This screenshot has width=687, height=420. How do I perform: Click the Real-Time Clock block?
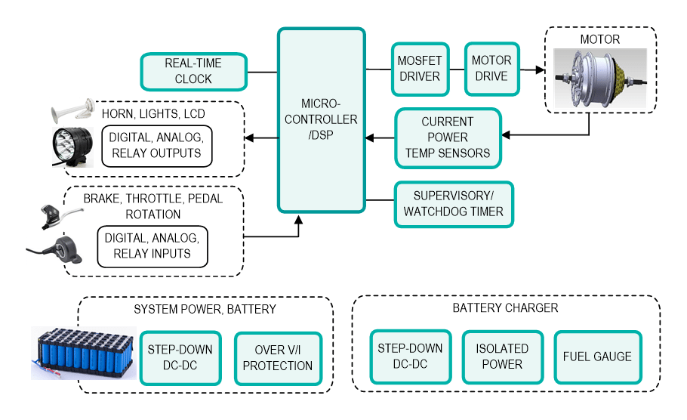(x=193, y=71)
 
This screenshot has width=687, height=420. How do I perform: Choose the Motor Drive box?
(x=491, y=69)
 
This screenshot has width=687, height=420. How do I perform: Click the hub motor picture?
(x=601, y=78)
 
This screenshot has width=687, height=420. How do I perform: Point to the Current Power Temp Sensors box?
(x=448, y=137)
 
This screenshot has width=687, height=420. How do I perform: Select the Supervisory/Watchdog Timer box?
(x=453, y=204)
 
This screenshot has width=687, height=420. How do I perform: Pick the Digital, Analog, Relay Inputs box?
(x=152, y=246)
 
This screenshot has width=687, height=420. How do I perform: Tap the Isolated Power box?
(x=502, y=357)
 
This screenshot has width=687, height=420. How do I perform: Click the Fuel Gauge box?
(x=597, y=357)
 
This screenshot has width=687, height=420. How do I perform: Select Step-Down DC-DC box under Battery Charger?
(x=410, y=357)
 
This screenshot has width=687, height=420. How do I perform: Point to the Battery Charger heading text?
(x=505, y=308)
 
